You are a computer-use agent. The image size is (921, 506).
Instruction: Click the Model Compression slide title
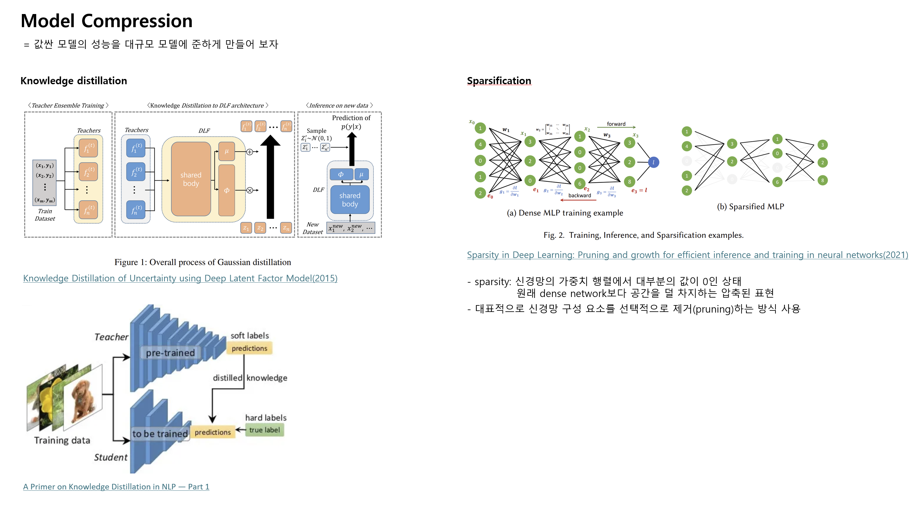tap(106, 21)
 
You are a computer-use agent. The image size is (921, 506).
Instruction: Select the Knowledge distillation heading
tap(74, 81)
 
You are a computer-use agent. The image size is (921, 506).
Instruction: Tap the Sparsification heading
tap(499, 81)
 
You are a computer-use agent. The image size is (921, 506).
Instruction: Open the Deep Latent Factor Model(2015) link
tap(180, 278)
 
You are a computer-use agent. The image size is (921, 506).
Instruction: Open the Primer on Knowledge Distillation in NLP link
tap(116, 486)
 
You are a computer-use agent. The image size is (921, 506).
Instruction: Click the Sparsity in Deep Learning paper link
tap(687, 255)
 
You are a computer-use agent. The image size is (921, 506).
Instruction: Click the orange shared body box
tap(191, 179)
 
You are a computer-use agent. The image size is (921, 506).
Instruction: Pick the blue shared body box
tap(350, 199)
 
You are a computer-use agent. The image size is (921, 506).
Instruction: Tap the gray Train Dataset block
tap(44, 182)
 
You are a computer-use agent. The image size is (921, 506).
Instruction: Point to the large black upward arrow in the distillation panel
tap(270, 179)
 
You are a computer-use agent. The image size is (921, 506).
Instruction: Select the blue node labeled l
tap(653, 162)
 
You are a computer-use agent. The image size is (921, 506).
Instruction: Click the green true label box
tap(264, 430)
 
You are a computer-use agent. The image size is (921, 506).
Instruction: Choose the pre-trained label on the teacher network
tap(170, 353)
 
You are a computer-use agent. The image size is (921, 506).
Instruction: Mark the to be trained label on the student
tap(160, 433)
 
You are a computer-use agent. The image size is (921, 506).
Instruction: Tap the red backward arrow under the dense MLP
tap(578, 200)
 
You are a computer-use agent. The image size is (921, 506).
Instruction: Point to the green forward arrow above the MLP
tap(621, 127)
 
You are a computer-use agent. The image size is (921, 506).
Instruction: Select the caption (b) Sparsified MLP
tap(750, 207)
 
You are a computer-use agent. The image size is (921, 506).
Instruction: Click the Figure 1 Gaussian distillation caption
tap(202, 262)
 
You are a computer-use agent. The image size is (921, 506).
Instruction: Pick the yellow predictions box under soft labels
tap(249, 348)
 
